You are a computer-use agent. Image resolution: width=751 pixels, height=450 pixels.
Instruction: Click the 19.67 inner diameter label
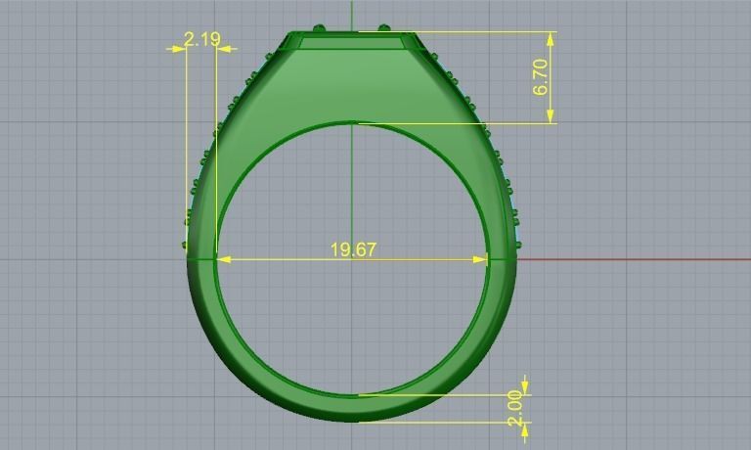coord(353,249)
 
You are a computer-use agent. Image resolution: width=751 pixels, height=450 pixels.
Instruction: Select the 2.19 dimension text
coord(201,40)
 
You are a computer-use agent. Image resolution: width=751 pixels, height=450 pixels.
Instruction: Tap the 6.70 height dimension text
coord(541,77)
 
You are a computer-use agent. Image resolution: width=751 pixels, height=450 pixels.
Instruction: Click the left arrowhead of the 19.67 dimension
coord(222,259)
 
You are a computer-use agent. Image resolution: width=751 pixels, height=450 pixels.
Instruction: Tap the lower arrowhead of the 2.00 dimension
coord(525,428)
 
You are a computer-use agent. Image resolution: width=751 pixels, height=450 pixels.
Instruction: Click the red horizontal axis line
coord(636,259)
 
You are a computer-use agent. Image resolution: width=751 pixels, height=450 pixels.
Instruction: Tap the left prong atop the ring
coord(319,27)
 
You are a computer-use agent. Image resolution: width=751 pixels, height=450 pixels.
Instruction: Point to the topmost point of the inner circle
coord(353,123)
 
